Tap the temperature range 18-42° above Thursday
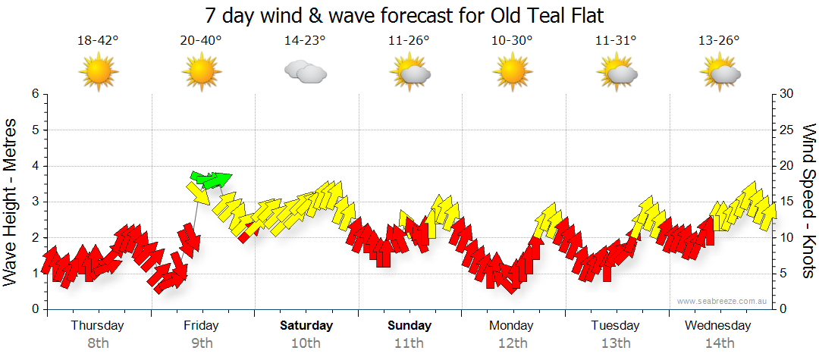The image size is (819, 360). pyautogui.click(x=98, y=41)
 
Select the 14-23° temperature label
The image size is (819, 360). pyautogui.click(x=305, y=41)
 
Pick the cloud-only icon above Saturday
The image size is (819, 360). pyautogui.click(x=305, y=73)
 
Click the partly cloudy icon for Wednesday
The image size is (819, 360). pyautogui.click(x=719, y=73)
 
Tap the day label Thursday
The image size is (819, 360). pyautogui.click(x=98, y=326)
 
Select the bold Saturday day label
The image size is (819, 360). pyautogui.click(x=306, y=326)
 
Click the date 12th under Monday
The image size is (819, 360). pyautogui.click(x=513, y=343)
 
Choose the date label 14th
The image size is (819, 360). pyautogui.click(x=719, y=343)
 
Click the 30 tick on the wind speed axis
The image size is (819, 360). pyautogui.click(x=787, y=94)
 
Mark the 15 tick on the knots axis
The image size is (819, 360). pyautogui.click(x=787, y=202)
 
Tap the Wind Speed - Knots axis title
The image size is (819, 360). pyautogui.click(x=808, y=201)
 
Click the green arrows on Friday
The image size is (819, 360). pyautogui.click(x=211, y=180)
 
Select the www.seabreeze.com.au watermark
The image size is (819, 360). pyautogui.click(x=723, y=301)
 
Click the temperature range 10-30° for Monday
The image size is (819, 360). pyautogui.click(x=512, y=41)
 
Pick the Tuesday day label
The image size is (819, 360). pyautogui.click(x=615, y=326)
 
